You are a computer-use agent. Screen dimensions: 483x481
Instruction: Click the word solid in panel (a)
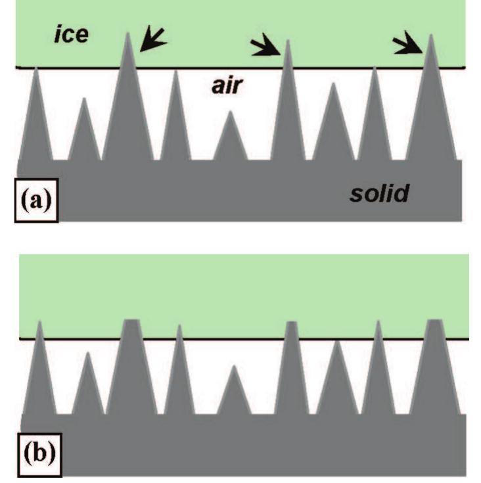point(379,193)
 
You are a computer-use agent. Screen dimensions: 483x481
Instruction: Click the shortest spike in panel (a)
point(230,138)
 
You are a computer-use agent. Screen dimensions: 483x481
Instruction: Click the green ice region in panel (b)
point(243,289)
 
